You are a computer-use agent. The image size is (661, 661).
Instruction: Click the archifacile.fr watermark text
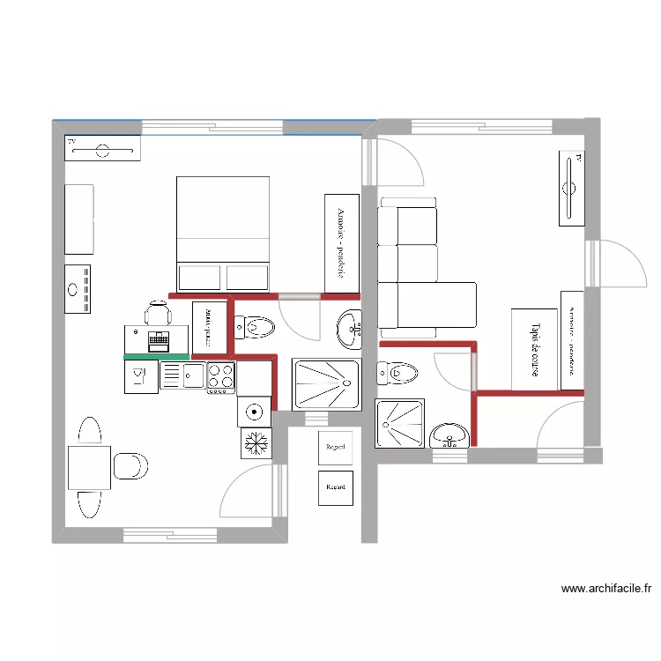pyautogui.click(x=605, y=589)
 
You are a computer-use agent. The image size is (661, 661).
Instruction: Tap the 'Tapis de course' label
pyautogui.click(x=534, y=349)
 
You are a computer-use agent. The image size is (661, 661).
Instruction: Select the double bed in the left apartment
pyautogui.click(x=223, y=234)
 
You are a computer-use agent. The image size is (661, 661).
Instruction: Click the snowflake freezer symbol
pyautogui.click(x=256, y=442)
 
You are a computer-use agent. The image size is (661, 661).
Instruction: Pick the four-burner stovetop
pyautogui.click(x=220, y=376)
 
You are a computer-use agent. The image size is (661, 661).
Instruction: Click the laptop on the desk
pyautogui.click(x=159, y=339)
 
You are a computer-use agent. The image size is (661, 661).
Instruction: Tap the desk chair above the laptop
pyautogui.click(x=159, y=312)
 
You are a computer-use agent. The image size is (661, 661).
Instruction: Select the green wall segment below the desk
pyautogui.click(x=156, y=355)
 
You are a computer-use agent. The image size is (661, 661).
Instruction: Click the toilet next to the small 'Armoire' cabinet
pyautogui.click(x=255, y=328)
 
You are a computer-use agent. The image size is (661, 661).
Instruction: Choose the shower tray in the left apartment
pyautogui.click(x=326, y=383)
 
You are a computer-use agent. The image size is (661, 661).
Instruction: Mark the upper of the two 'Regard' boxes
pyautogui.click(x=335, y=448)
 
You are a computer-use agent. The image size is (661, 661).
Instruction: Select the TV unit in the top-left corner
pyautogui.click(x=102, y=149)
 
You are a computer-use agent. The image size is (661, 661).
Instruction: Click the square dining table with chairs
pyautogui.click(x=89, y=467)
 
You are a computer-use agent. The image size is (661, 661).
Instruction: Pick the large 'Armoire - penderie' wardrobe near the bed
pyautogui.click(x=341, y=243)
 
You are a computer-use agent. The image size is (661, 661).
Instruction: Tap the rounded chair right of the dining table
pyautogui.click(x=130, y=466)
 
